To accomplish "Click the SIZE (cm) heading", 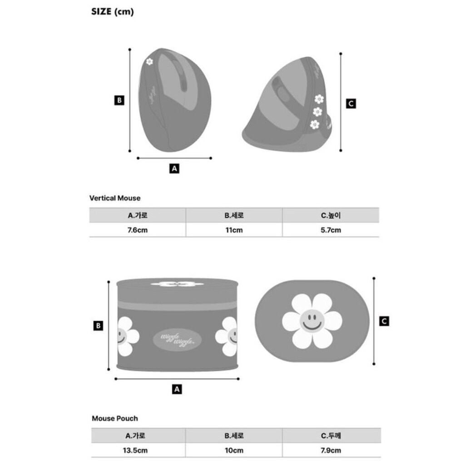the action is pos(113,11).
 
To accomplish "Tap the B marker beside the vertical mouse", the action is pos(119,100).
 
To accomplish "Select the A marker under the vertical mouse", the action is pos(174,168).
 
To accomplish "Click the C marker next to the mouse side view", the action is pos(351,104).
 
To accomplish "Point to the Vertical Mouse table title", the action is pos(115,198).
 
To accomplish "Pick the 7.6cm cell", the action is pos(138,230).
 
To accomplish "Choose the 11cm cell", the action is pos(234,230).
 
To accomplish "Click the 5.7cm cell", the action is pos(331,230).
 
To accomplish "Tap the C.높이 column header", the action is pos(331,215).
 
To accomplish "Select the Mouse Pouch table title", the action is pos(115,418).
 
